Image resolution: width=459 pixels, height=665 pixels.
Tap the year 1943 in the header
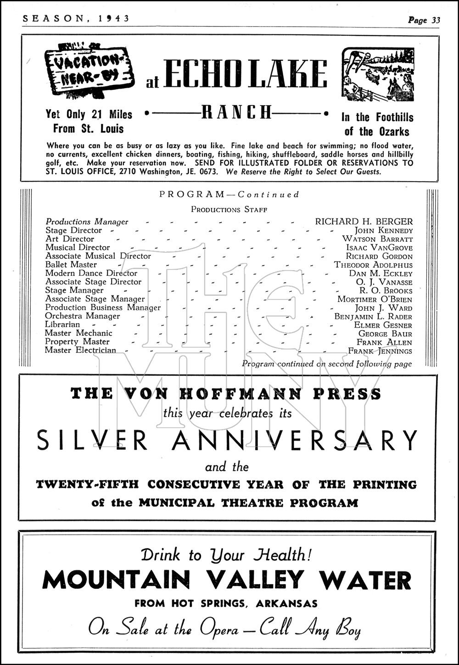tap(115, 18)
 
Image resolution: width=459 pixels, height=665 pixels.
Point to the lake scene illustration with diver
tap(378, 75)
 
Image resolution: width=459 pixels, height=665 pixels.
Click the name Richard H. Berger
tap(364, 222)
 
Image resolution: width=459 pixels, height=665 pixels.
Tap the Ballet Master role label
tap(71, 264)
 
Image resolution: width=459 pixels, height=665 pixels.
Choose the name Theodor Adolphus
tap(373, 265)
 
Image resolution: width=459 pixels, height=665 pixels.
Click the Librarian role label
tap(62, 324)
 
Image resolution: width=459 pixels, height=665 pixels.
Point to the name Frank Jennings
tap(380, 351)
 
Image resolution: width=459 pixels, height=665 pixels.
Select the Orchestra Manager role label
tap(83, 316)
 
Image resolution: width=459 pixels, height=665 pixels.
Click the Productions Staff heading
tap(229, 209)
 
